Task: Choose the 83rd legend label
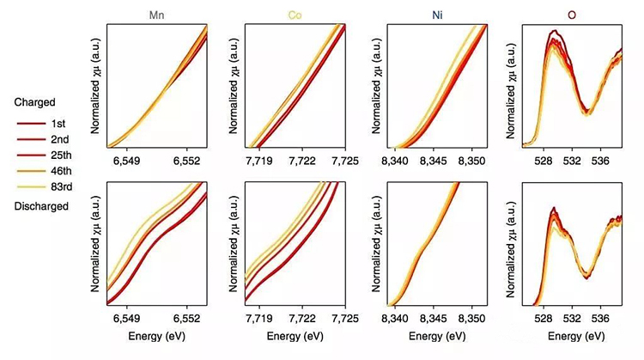[62, 185]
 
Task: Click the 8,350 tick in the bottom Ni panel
[471, 317]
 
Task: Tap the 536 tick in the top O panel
[600, 161]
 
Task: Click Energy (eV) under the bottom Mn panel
[157, 334]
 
